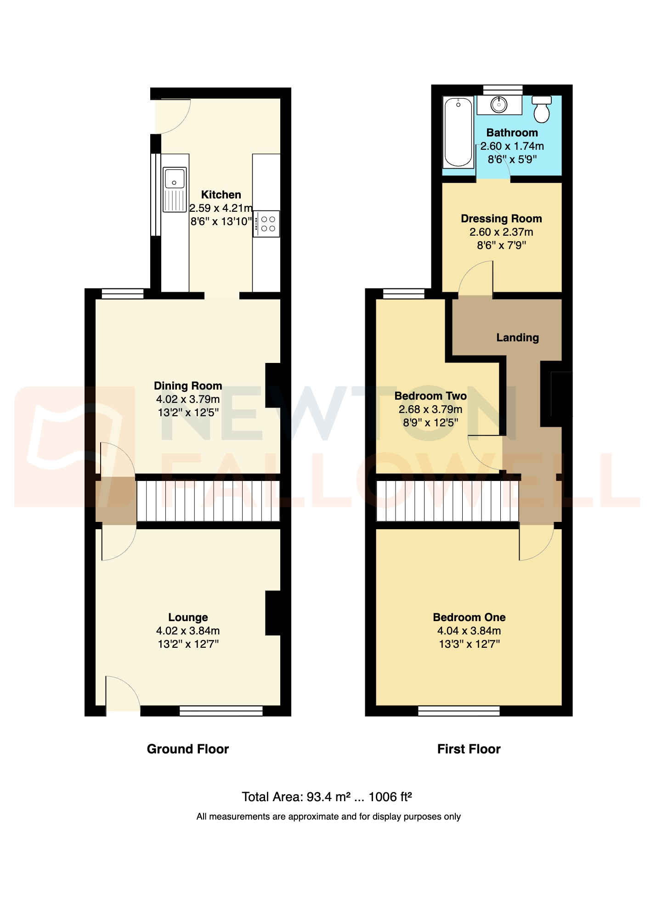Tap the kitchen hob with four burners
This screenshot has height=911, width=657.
tap(266, 224)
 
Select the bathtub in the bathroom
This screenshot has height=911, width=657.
tap(458, 132)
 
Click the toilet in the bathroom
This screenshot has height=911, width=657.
tap(542, 109)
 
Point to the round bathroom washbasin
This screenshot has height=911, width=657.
tap(499, 105)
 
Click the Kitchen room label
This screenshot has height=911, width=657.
tap(221, 195)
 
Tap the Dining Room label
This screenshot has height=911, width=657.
tap(188, 386)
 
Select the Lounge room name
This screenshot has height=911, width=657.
tap(188, 617)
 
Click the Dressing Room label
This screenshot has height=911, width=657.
tap(501, 219)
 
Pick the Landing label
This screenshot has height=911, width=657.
tap(517, 338)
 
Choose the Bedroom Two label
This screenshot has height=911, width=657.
tap(430, 396)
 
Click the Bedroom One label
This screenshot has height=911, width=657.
tap(469, 617)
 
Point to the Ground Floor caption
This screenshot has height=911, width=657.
tap(187, 749)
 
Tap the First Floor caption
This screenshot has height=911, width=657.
tap(469, 749)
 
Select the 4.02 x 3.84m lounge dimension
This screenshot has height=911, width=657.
tap(188, 631)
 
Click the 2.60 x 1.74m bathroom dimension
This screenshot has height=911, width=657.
tap(512, 146)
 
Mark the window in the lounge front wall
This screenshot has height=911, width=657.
tap(221, 711)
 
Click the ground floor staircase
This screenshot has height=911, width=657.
tap(208, 501)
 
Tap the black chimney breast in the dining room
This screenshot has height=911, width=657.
tap(273, 385)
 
